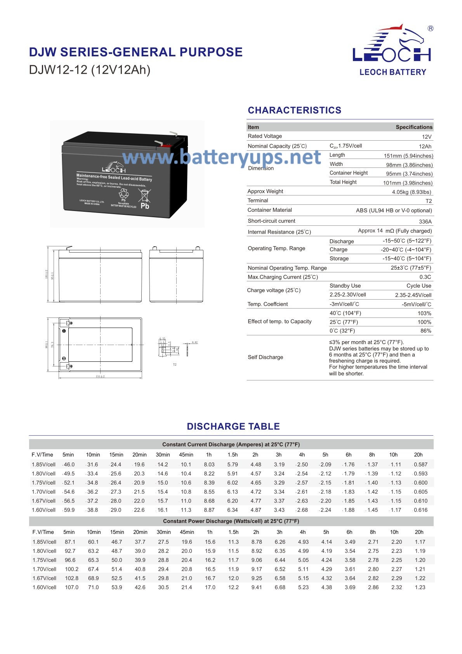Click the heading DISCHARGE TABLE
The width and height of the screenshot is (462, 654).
coord(233,426)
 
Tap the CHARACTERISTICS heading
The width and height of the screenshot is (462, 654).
coord(294,110)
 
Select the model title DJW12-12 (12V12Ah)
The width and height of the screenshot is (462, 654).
coord(90,70)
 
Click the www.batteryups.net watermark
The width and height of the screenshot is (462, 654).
coord(221,157)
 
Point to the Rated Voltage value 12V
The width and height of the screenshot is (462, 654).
coord(426,137)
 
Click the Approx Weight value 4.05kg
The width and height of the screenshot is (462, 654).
coord(411,192)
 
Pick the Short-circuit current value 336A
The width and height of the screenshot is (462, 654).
coord(425,221)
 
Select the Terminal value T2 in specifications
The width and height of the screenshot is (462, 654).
coord(428,201)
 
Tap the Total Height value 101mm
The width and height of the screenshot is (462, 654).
coord(408,183)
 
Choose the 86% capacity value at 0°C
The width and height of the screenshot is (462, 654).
coord(426,331)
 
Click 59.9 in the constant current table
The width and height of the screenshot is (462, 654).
coord(69,510)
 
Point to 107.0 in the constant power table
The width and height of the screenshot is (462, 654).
coord(71,587)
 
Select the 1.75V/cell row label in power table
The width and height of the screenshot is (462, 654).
coord(44,560)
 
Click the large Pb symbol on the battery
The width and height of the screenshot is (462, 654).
coord(145,206)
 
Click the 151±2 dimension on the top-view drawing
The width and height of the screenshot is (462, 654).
coord(100,376)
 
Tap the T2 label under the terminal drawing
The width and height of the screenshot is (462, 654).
coord(174,364)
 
